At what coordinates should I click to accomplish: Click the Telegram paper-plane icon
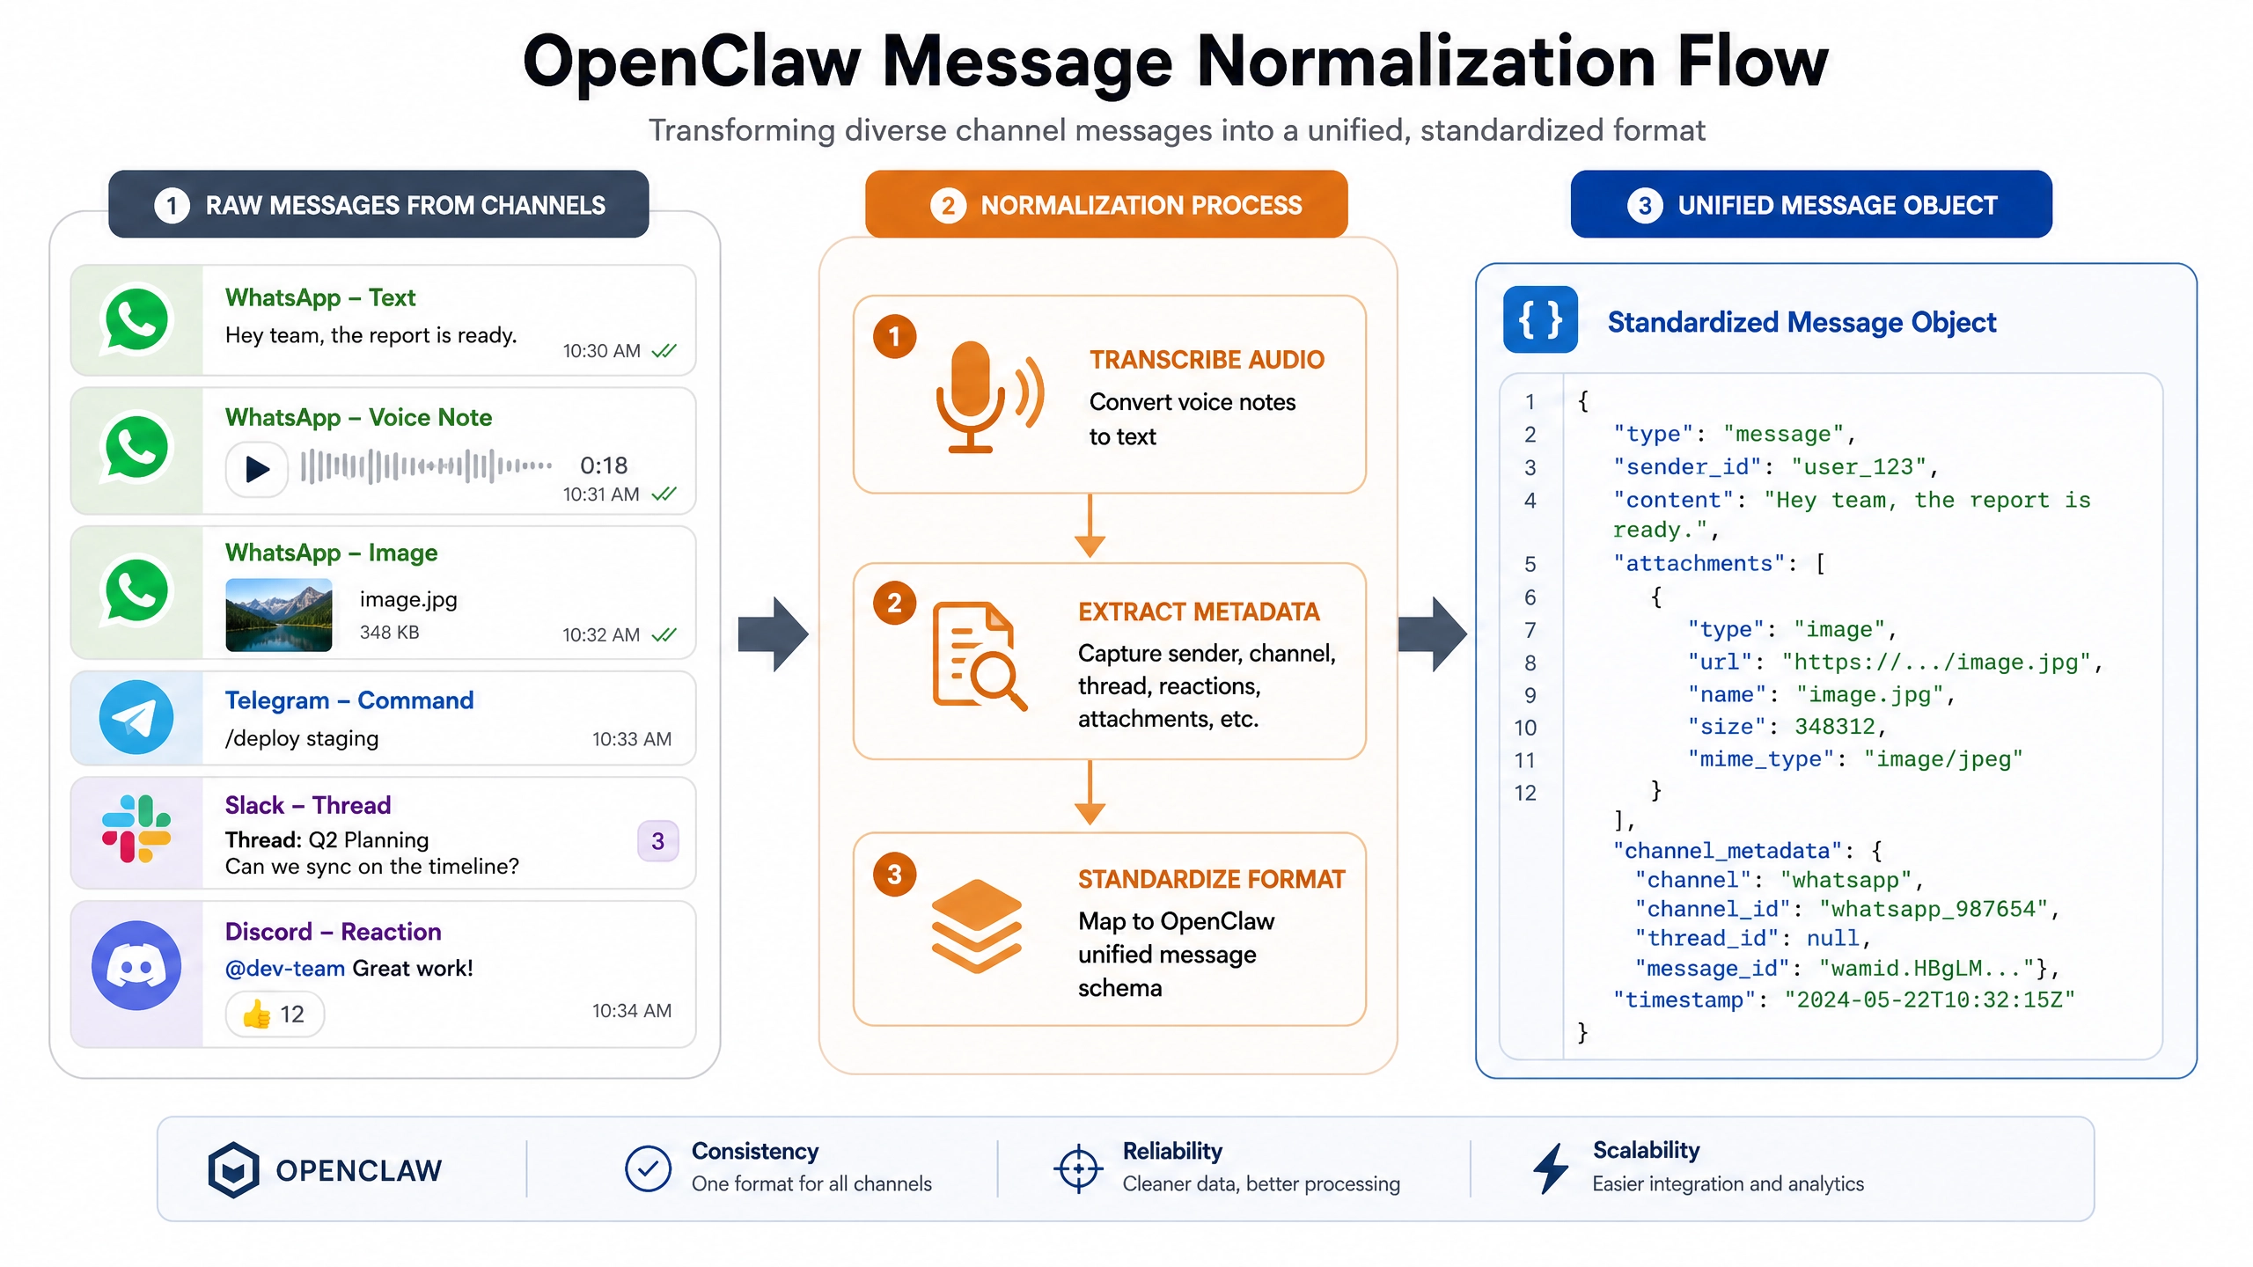tap(136, 717)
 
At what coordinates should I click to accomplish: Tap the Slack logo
tap(136, 829)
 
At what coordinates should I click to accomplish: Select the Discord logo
tap(136, 965)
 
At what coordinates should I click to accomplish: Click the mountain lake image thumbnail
tap(279, 615)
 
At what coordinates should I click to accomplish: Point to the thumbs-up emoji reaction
tap(257, 1014)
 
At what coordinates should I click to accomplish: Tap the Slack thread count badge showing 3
tap(657, 841)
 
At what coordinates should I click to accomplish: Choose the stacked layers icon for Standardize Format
tap(976, 926)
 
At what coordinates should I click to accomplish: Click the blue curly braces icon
tap(1540, 319)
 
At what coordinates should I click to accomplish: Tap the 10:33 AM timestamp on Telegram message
tap(632, 739)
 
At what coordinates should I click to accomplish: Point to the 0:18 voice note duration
tap(604, 465)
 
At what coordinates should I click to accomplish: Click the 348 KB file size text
tap(390, 633)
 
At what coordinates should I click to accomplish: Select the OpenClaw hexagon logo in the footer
tap(233, 1170)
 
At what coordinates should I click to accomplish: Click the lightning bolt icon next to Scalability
tap(1551, 1168)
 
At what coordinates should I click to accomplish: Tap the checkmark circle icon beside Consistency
tap(648, 1169)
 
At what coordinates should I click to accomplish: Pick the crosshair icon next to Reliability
tap(1078, 1169)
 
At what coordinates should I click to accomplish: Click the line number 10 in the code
tap(1525, 728)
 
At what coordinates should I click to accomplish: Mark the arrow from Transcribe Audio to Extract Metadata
tap(1090, 526)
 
